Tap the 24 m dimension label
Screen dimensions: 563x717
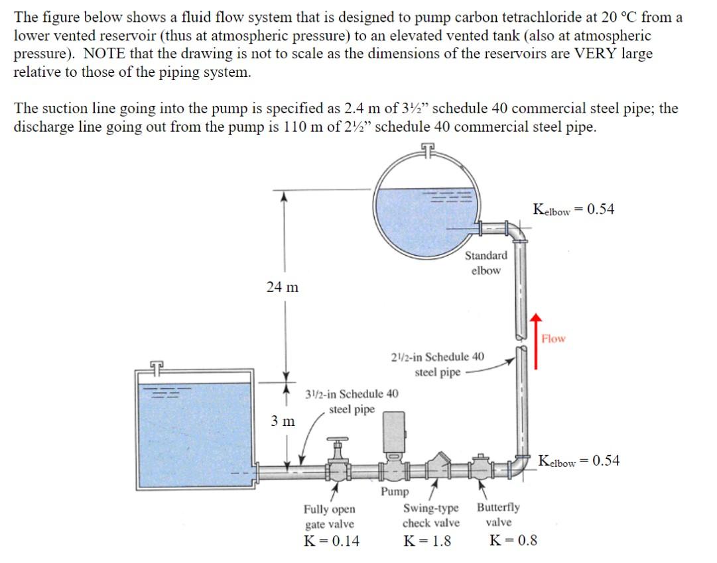coord(282,287)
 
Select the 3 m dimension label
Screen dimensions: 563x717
coord(283,421)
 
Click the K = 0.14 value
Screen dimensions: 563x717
coord(331,541)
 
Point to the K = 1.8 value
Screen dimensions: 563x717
coord(427,541)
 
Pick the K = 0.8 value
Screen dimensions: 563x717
coord(513,541)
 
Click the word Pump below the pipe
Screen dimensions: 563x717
coord(395,491)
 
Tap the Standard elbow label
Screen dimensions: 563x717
coord(486,262)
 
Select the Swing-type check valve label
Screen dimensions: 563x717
coord(431,515)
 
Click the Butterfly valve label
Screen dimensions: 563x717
coord(498,515)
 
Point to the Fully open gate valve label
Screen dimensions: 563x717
coord(329,517)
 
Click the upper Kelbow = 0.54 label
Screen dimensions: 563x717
coord(573,210)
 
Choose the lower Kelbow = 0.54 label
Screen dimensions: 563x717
coord(579,461)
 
